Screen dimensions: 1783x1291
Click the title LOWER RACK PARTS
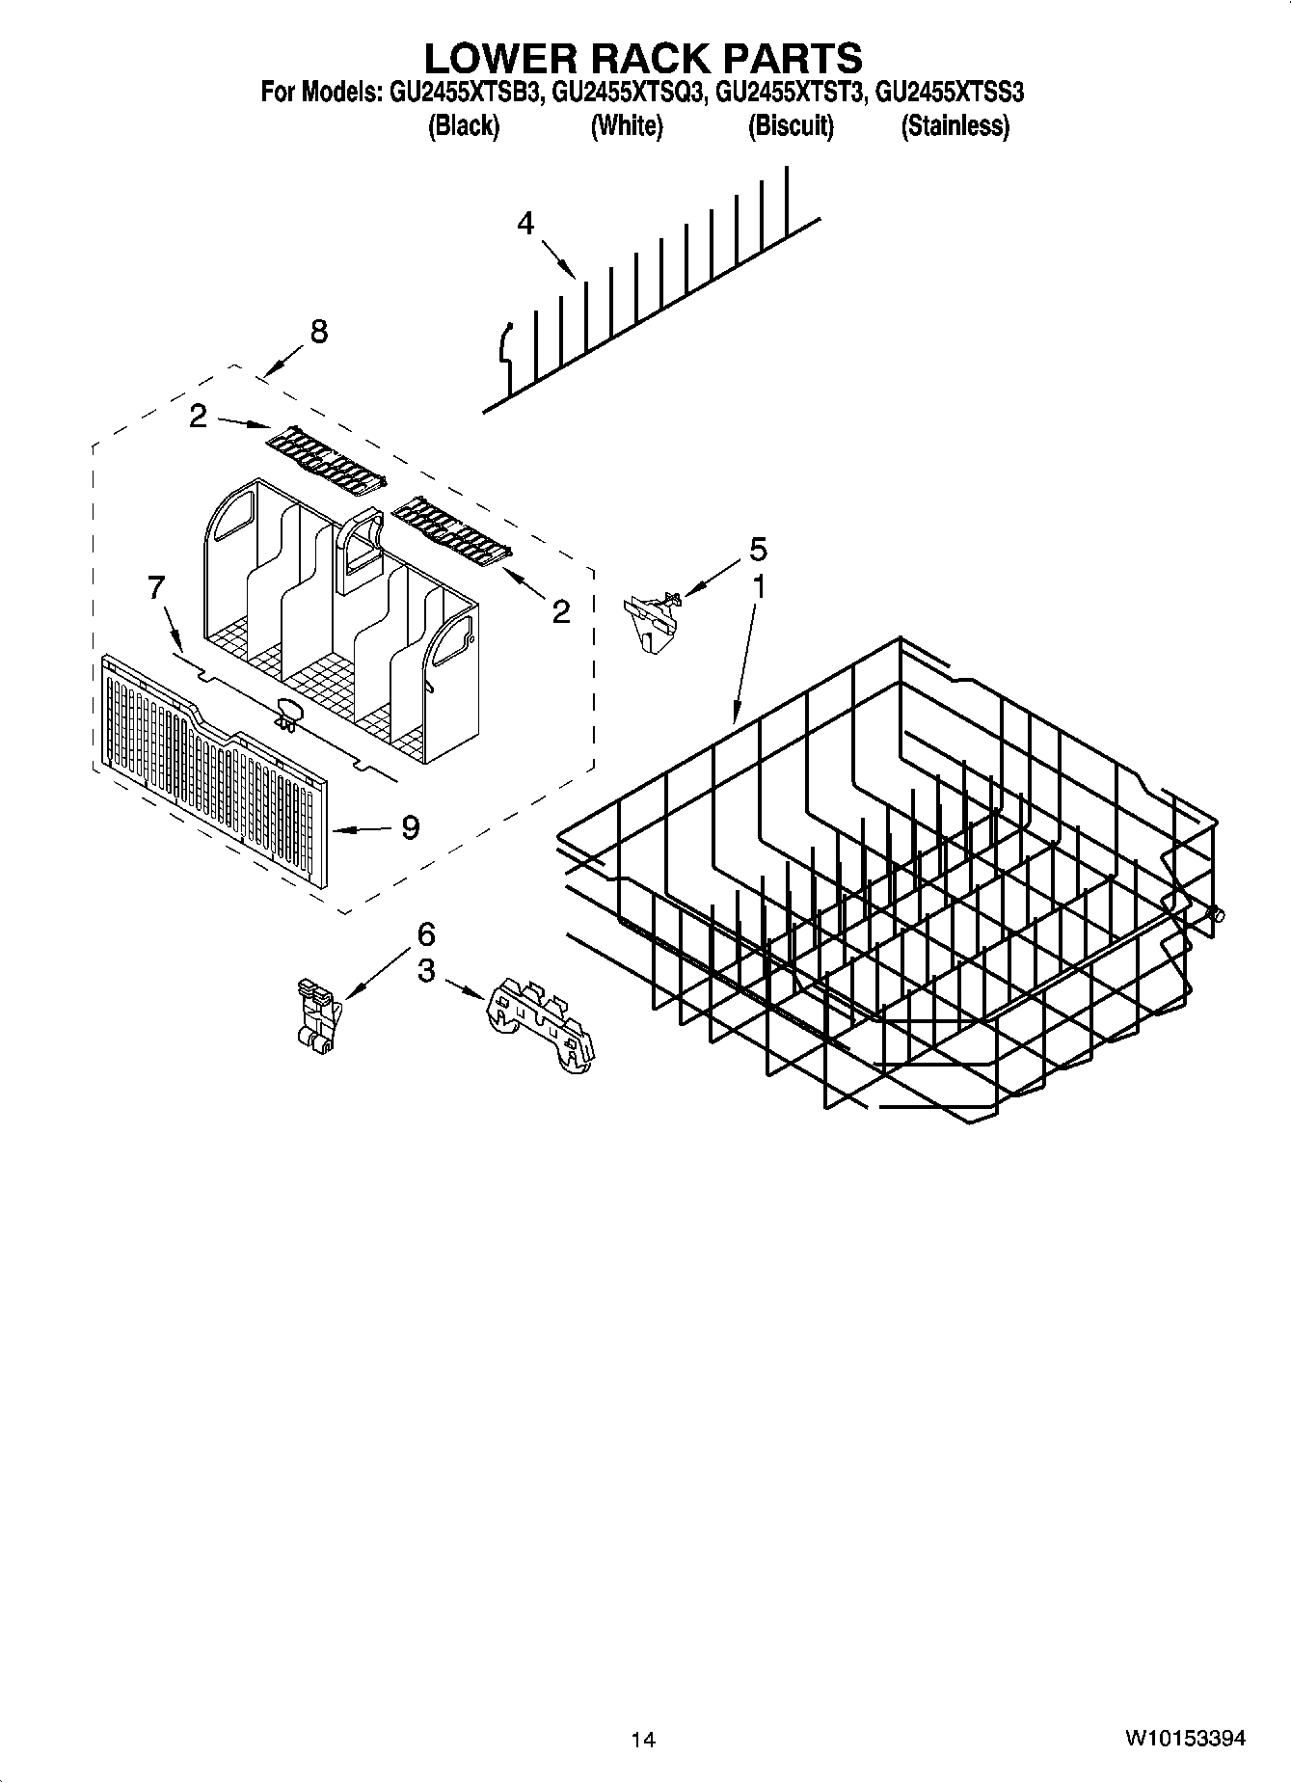[x=643, y=58]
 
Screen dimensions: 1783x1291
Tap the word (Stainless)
[x=955, y=125]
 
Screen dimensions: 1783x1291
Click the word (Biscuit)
[x=791, y=125]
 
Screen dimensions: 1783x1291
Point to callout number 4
[x=525, y=224]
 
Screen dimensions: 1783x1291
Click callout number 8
[x=318, y=332]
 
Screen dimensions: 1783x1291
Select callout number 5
[x=758, y=550]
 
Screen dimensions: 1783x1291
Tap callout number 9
[x=411, y=827]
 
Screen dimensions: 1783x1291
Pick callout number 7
[x=157, y=587]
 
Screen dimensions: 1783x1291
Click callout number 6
[x=425, y=933]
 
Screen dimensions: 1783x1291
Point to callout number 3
[x=425, y=971]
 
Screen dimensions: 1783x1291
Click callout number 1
[x=759, y=585]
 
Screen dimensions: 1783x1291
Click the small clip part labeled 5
[x=651, y=618]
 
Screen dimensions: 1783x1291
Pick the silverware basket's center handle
[x=360, y=554]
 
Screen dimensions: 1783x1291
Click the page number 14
[x=643, y=1740]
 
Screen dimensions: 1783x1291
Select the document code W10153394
[x=1184, y=1739]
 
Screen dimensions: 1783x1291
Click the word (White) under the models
[x=627, y=125]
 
